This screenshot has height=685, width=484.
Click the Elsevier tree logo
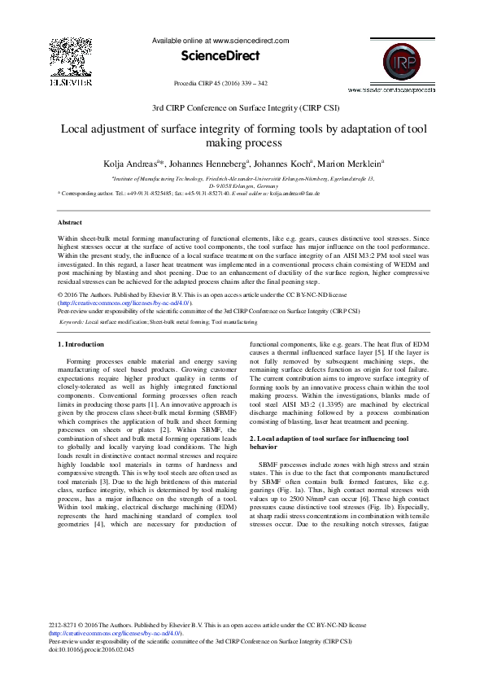(x=64, y=56)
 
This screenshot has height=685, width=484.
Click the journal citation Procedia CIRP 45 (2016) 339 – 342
(x=220, y=83)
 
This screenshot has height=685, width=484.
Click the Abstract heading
(x=71, y=222)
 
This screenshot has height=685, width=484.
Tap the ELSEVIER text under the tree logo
(x=64, y=82)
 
